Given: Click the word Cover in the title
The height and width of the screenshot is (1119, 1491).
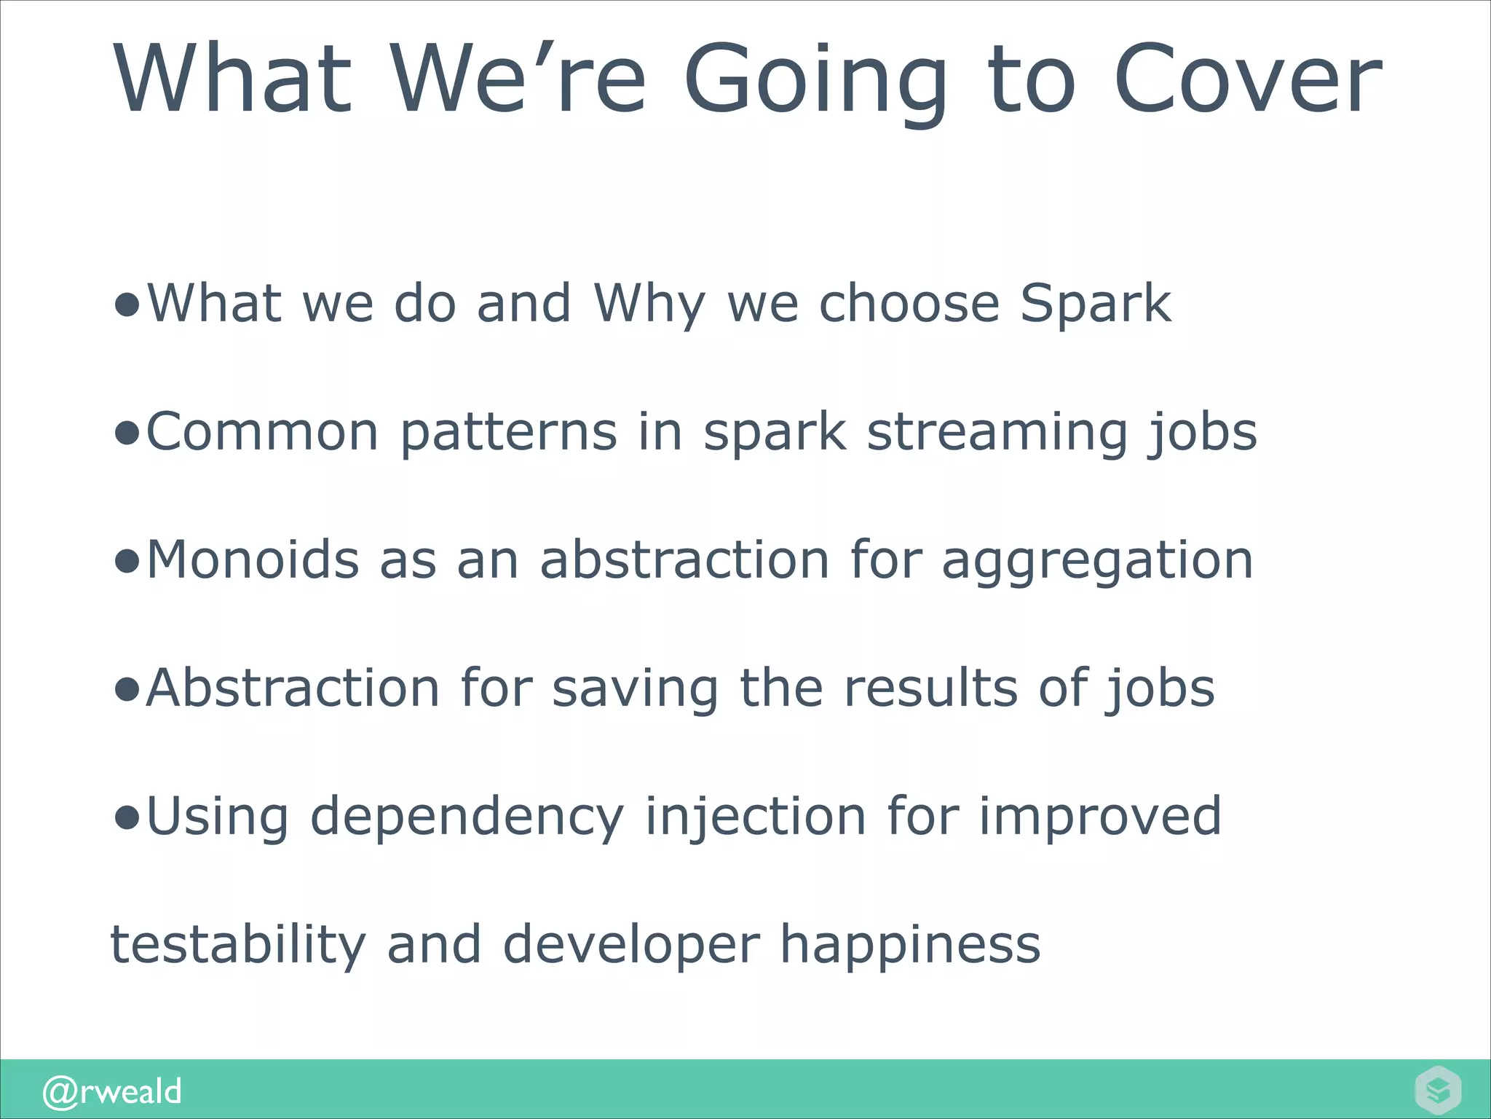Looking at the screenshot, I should (1247, 79).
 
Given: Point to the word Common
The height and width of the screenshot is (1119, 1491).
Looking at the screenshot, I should (262, 432).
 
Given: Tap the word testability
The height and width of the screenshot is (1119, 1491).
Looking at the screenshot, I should (237, 946).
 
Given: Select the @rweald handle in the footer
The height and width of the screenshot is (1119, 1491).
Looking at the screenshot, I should (112, 1091).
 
